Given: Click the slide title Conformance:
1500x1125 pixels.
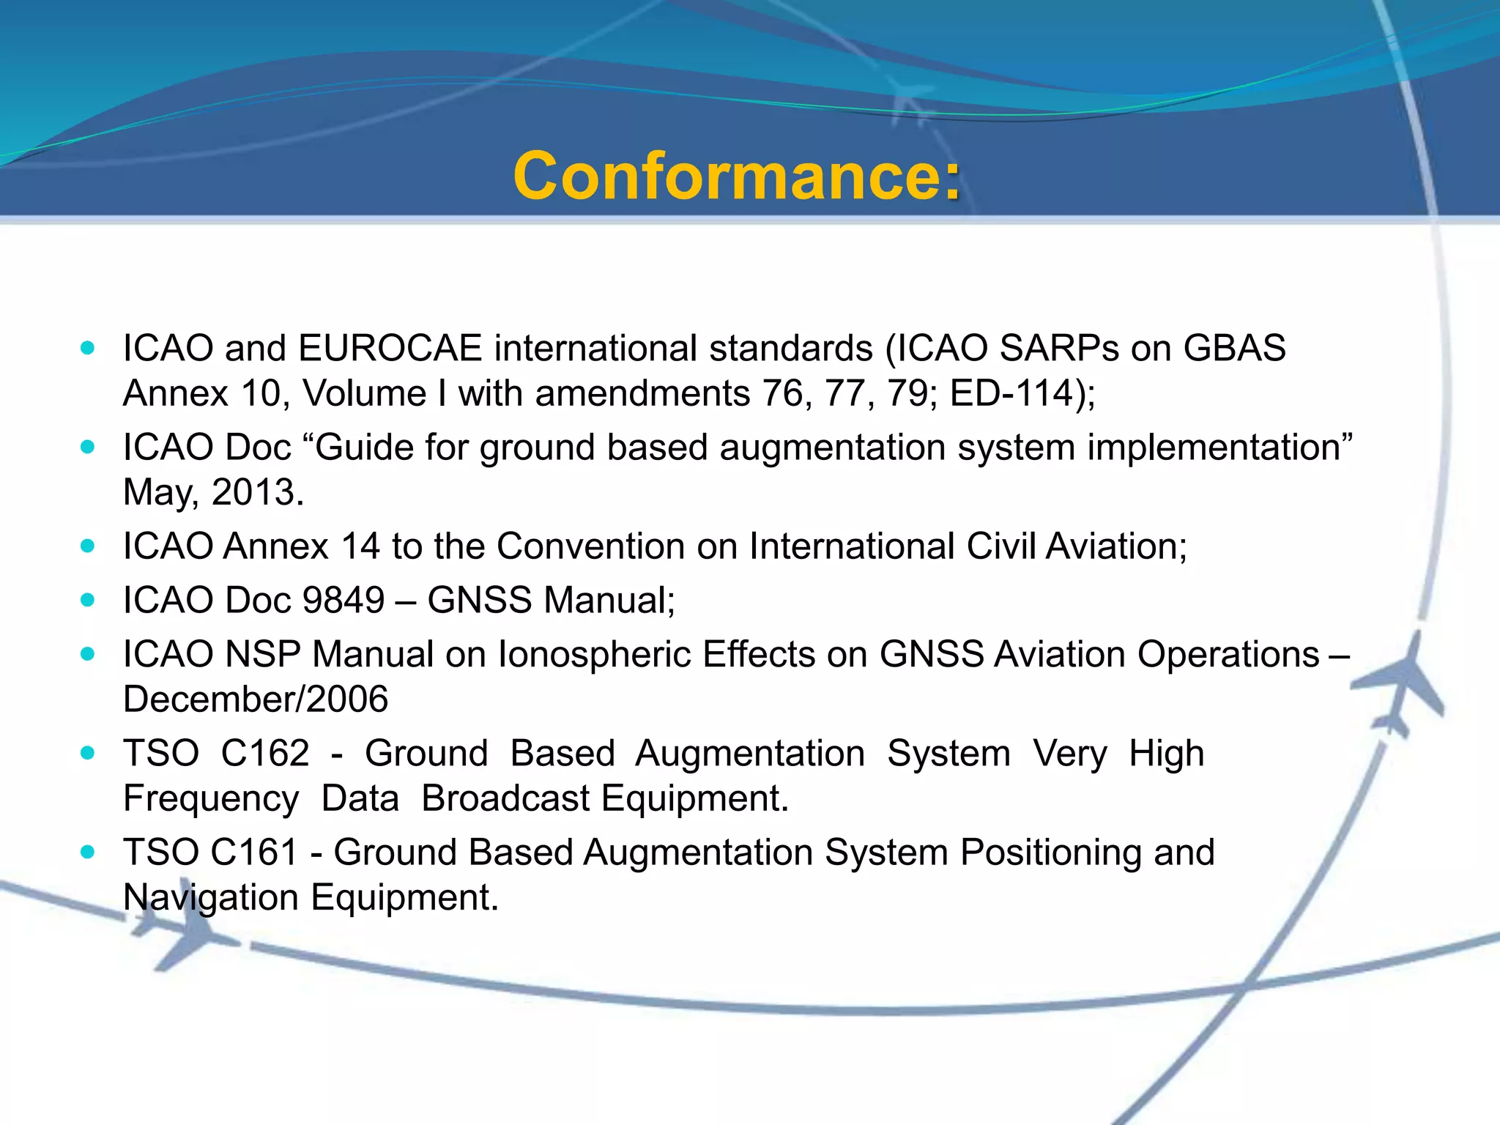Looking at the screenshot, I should [736, 176].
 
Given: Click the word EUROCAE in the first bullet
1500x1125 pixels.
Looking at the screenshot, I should [390, 348].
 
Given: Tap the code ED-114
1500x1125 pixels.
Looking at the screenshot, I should [1011, 393].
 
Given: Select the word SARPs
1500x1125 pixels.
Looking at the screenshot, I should [1059, 348].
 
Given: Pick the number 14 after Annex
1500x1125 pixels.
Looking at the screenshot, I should [360, 546].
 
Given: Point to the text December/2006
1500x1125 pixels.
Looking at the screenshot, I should [256, 699].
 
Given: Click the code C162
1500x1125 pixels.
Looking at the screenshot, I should [265, 754].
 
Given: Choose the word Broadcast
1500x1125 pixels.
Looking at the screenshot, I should [505, 798].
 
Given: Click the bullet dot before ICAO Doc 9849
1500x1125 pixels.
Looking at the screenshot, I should [88, 601].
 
